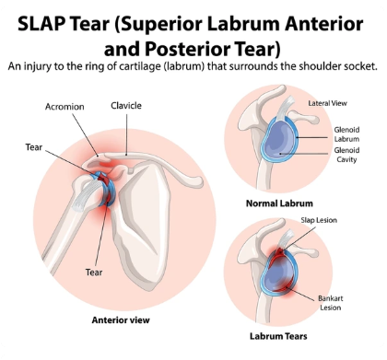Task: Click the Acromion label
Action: [64, 107]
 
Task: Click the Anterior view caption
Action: [119, 319]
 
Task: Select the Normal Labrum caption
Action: [279, 203]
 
